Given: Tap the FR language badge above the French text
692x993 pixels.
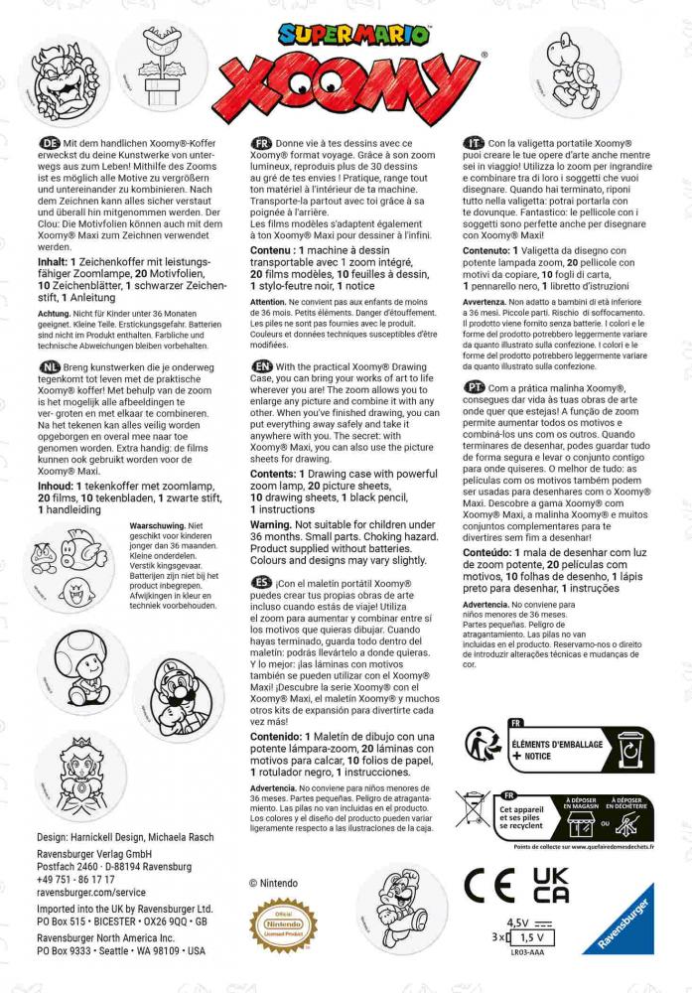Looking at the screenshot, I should (x=262, y=144).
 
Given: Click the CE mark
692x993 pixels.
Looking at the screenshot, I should (x=493, y=884).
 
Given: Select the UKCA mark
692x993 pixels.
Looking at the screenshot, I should (x=550, y=884).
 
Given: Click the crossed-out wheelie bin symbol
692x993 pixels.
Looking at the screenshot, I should (x=476, y=809).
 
